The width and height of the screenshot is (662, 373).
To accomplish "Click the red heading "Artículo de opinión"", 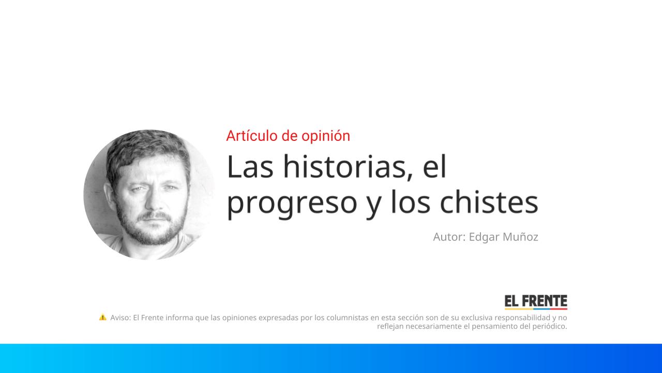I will [x=288, y=136].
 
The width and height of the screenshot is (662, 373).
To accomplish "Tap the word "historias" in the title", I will [x=346, y=167].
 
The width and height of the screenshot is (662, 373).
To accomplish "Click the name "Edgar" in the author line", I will [x=484, y=237].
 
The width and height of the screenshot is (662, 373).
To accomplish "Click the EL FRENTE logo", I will [x=536, y=302].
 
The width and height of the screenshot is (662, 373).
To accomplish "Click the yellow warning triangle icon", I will [x=102, y=317].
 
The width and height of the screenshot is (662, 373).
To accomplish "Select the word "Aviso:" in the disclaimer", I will [x=121, y=318].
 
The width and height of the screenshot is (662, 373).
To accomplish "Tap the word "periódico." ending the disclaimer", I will [x=549, y=326].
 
